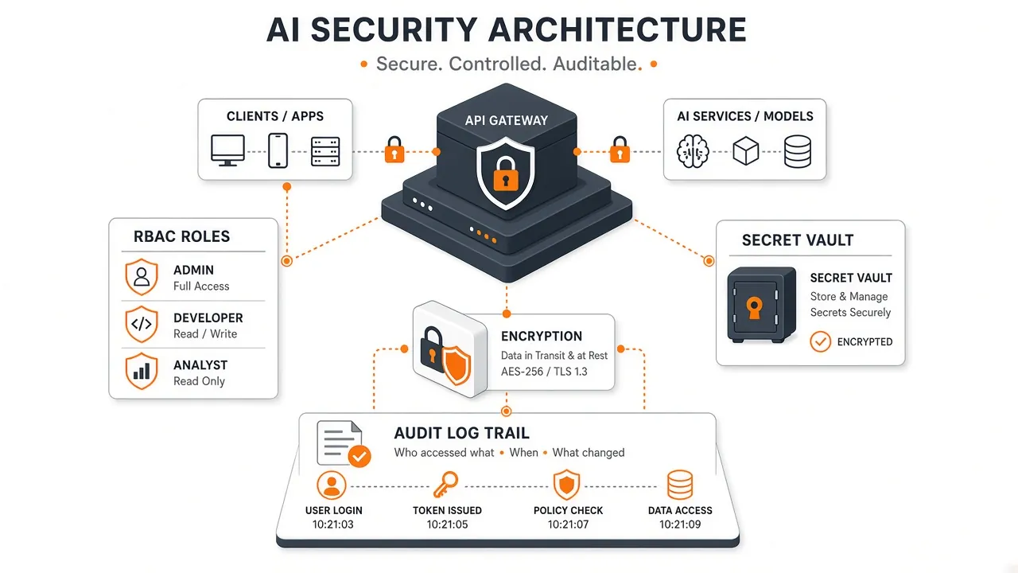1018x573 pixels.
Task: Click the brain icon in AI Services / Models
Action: click(693, 151)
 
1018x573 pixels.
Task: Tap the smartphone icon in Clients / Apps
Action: click(278, 150)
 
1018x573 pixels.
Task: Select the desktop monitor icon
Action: click(227, 150)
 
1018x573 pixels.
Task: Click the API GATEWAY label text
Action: click(507, 120)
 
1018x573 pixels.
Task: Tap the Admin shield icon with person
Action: click(142, 277)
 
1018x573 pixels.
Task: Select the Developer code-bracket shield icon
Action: click(142, 324)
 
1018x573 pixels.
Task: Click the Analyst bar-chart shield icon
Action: click(142, 372)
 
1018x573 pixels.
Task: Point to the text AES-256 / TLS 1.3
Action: click(544, 372)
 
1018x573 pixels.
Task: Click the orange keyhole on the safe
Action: click(755, 308)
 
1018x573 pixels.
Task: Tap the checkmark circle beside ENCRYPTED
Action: click(820, 341)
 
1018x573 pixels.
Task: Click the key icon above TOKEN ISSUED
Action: click(445, 485)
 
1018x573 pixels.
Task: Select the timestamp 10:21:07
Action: click(568, 524)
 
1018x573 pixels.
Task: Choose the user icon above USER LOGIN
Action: click(332, 485)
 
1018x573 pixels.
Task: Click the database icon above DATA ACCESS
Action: click(680, 485)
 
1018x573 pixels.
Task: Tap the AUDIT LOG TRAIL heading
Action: click(462, 433)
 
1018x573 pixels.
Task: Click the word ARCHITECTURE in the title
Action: click(618, 30)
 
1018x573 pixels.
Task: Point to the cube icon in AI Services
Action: click(746, 151)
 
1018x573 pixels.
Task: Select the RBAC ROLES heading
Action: click(182, 236)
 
